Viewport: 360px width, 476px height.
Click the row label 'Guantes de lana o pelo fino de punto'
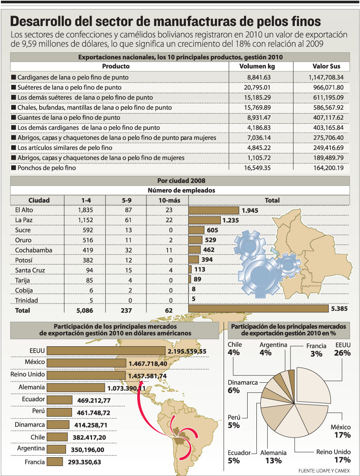point(80,118)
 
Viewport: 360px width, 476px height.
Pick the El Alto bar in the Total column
point(214,210)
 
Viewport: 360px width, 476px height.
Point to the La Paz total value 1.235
point(230,220)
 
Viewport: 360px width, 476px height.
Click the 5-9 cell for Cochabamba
point(126,250)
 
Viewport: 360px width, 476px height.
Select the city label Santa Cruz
point(29,270)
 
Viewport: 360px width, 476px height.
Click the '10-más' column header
point(167,200)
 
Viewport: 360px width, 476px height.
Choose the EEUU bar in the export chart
point(106,351)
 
